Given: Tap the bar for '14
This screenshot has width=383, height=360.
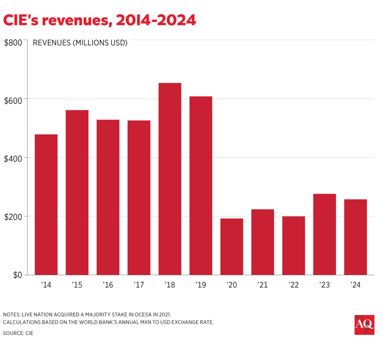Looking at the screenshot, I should pos(46,204).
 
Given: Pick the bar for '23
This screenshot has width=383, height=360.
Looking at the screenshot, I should pos(324,234).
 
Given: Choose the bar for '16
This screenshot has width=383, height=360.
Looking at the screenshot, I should pos(108,197).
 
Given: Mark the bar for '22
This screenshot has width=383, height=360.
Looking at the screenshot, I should pos(294,246).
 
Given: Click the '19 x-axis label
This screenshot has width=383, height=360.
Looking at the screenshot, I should pos(200,285).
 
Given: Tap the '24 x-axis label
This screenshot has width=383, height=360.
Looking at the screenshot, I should pos(355,285).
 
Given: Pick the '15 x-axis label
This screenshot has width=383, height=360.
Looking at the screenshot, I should pos(77,285).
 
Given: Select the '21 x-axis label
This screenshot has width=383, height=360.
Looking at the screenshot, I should pos(263,285).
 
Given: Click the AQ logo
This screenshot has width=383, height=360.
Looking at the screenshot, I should pos(364,325).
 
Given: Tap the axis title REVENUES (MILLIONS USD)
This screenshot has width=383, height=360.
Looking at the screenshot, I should pos(80,43).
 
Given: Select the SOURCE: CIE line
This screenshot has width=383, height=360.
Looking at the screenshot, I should pos(18,333).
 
